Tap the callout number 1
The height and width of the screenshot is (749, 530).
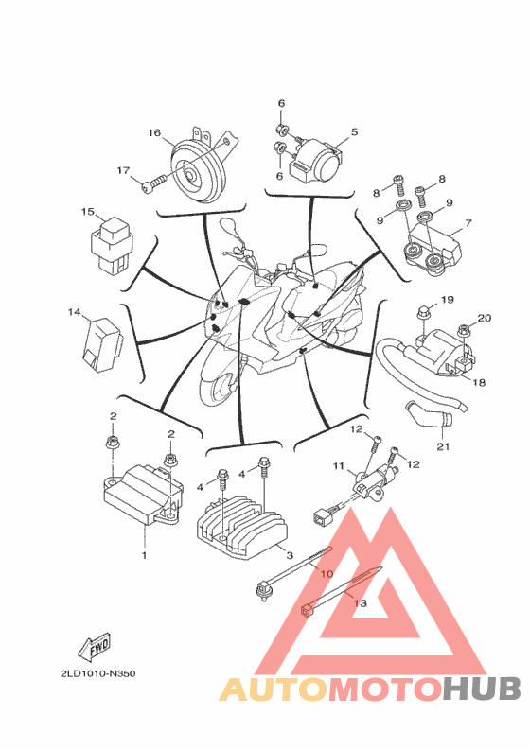click(144, 555)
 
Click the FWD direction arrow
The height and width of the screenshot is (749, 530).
click(95, 647)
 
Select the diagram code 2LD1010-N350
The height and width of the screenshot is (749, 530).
click(98, 674)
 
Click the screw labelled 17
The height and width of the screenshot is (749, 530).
click(154, 184)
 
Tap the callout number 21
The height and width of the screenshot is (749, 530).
click(444, 446)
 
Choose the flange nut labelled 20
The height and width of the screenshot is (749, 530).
click(463, 330)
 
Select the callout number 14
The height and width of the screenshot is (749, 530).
click(74, 312)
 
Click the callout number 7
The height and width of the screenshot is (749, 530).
click(468, 222)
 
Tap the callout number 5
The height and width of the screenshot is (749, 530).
click(354, 131)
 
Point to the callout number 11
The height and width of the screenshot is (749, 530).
click(339, 465)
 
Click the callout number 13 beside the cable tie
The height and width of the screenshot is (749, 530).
click(360, 603)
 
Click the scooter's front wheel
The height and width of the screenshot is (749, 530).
click(218, 387)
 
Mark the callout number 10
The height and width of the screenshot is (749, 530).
click(327, 573)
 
